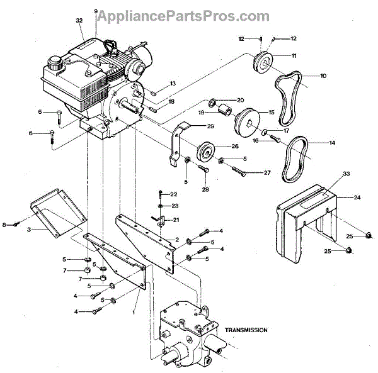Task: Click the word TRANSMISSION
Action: pyautogui.click(x=246, y=330)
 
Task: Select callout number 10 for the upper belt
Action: pyautogui.click(x=323, y=76)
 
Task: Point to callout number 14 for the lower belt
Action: pyautogui.click(x=331, y=143)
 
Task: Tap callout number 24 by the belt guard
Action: pyautogui.click(x=356, y=198)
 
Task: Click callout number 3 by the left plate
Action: pyautogui.click(x=29, y=230)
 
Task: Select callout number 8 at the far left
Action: pyautogui.click(x=5, y=224)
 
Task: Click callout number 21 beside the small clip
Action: pyautogui.click(x=176, y=220)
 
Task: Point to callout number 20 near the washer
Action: pyautogui.click(x=240, y=100)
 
